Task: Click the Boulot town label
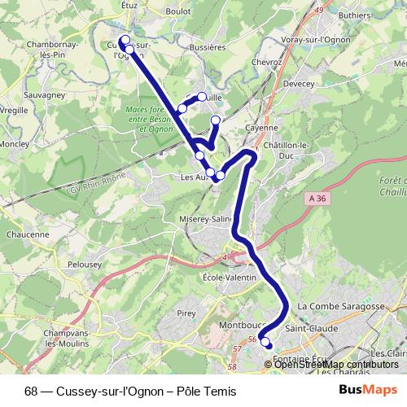(x=177, y=11)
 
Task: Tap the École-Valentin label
(x=229, y=278)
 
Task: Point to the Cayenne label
(x=263, y=129)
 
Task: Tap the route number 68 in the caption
(x=30, y=389)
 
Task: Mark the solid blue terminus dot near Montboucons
(x=269, y=348)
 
